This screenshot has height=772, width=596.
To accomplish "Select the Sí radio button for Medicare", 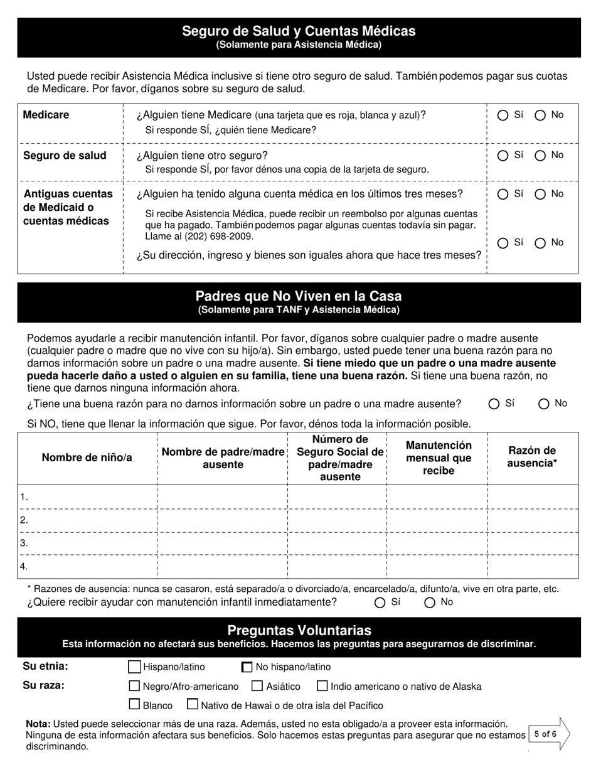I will click(x=503, y=115).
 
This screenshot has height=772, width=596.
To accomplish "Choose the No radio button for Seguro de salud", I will click(x=540, y=156).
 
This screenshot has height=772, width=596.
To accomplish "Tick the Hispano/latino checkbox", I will click(x=134, y=667).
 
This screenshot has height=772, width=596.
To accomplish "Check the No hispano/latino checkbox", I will click(x=247, y=667).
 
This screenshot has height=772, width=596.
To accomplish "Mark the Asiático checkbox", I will click(x=257, y=686).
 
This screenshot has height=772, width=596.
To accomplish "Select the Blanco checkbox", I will click(x=134, y=705).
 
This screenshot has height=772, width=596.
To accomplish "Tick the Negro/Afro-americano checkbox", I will click(x=134, y=686).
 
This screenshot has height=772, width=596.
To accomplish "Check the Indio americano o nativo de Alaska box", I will click(x=322, y=686).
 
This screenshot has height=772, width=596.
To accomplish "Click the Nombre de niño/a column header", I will click(x=87, y=458).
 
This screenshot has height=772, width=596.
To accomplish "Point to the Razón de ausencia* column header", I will click(x=532, y=457).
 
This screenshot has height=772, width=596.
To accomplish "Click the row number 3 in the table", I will click(x=24, y=544).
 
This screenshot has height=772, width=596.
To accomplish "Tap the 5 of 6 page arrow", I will click(x=549, y=734).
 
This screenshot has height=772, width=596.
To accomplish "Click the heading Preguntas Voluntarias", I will click(x=299, y=630).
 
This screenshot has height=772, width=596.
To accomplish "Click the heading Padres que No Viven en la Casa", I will click(x=299, y=296).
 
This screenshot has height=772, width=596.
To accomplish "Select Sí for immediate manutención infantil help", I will click(x=380, y=603).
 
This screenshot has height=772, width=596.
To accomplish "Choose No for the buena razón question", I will click(x=544, y=404).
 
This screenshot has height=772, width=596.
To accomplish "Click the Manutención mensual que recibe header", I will click(x=438, y=458).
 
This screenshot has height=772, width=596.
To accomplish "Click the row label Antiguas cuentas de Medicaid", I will click(x=68, y=207).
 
